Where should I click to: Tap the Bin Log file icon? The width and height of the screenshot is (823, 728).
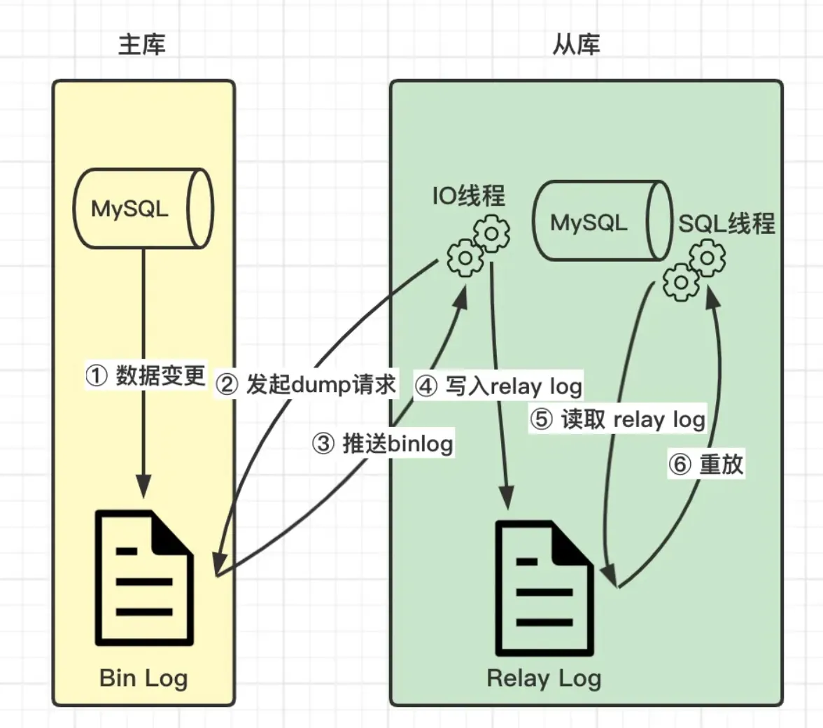point(144,579)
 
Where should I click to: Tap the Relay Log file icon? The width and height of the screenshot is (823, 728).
point(544,587)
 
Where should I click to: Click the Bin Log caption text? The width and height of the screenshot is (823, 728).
point(143,678)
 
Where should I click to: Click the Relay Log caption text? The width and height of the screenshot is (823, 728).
point(544,678)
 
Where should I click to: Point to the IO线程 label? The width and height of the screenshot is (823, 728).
point(468,196)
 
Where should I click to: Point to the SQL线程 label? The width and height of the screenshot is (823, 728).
point(726,223)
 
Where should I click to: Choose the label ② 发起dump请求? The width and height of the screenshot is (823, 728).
point(306,384)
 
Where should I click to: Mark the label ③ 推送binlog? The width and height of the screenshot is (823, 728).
point(382,443)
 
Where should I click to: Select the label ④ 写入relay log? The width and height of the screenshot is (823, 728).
point(498,386)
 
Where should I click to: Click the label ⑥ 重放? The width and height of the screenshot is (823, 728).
point(705,464)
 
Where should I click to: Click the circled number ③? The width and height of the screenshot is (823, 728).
point(323,444)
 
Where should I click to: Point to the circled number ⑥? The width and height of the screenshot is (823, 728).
point(680,465)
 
